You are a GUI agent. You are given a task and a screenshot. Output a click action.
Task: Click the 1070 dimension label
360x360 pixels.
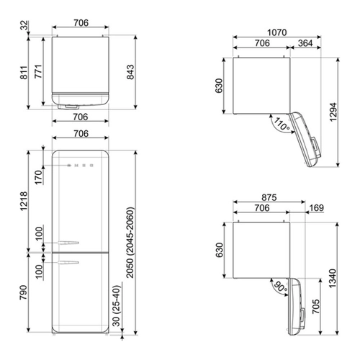point(277,32)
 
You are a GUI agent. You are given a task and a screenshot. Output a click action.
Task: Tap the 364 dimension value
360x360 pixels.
point(305,43)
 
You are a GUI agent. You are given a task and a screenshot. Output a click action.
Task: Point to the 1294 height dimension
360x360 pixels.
point(333,112)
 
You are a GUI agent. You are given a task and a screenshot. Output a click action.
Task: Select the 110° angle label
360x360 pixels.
point(282,124)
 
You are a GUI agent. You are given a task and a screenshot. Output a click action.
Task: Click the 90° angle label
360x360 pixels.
point(281,287)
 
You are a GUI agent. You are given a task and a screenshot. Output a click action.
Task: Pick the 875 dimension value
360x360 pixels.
point(269,197)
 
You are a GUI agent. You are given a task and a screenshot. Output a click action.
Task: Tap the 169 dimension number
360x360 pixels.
point(317,208)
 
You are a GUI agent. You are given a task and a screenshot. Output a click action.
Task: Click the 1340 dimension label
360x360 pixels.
point(333,279)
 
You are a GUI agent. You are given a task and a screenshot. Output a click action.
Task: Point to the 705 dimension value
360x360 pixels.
point(316,306)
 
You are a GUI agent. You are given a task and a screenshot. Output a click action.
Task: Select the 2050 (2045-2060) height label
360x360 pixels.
point(130,243)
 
